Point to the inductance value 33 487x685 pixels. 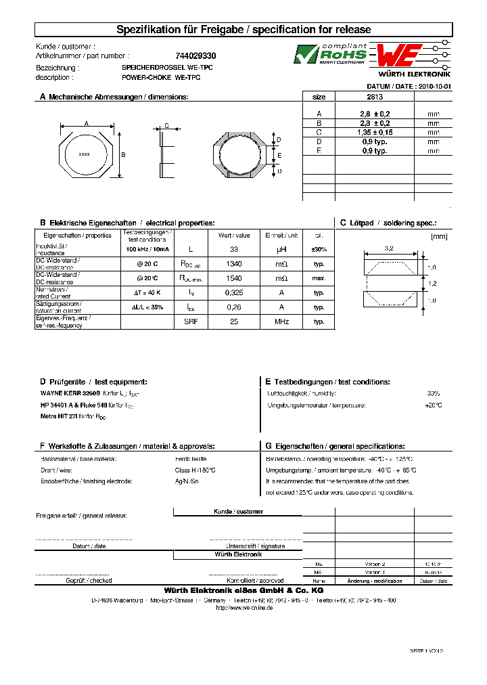pos(234,250)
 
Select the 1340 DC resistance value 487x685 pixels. pos(234,264)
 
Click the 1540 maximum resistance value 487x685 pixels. pos(234,278)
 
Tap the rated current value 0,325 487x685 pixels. pos(234,293)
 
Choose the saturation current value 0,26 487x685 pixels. pos(234,307)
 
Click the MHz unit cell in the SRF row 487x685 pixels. pos(281,322)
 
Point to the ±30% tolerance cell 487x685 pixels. pos(319,250)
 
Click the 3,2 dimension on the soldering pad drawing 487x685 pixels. pos(389,248)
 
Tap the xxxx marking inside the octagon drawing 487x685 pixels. pos(85,154)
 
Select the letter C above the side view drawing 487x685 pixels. pos(166,126)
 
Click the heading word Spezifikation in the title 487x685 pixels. pos(149,30)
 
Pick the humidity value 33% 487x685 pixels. pos(434,393)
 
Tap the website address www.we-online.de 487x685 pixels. pos(244,608)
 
